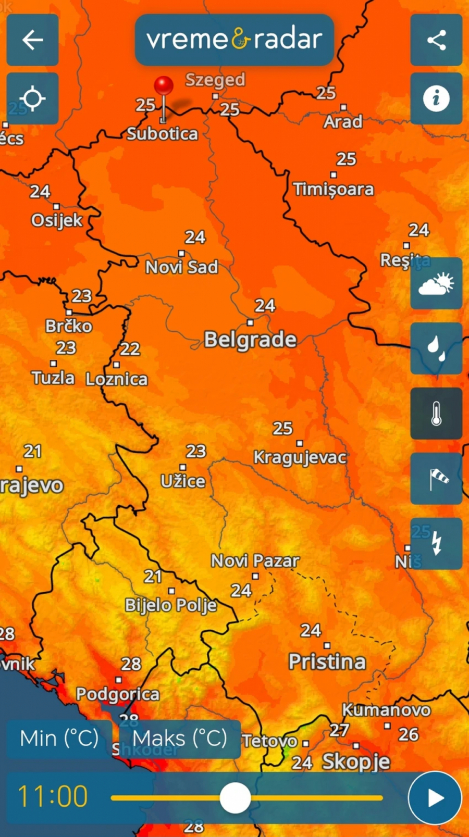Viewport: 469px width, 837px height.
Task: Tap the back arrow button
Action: (32, 40)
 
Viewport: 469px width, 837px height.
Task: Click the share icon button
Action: (436, 40)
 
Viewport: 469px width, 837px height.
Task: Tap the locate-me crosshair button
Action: (32, 98)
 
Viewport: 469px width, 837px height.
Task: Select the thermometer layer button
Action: (436, 414)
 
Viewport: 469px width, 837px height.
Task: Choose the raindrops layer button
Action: (436, 348)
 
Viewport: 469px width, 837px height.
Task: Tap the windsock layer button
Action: (436, 479)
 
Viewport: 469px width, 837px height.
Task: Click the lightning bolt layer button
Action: (436, 544)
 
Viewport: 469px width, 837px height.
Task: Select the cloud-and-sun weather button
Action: (436, 283)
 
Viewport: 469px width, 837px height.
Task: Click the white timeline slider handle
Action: (235, 797)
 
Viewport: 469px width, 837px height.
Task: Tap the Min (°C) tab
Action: (59, 739)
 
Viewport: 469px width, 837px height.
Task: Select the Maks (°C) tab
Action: (180, 739)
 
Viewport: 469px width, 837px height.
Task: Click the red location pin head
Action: (164, 85)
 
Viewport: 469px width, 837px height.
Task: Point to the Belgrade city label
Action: (250, 340)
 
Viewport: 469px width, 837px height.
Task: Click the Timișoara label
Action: (333, 189)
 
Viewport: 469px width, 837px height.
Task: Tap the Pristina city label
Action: (327, 662)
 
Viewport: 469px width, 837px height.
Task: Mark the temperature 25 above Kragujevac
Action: (282, 429)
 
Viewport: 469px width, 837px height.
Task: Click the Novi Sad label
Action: (181, 267)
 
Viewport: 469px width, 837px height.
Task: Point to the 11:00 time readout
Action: (53, 796)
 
